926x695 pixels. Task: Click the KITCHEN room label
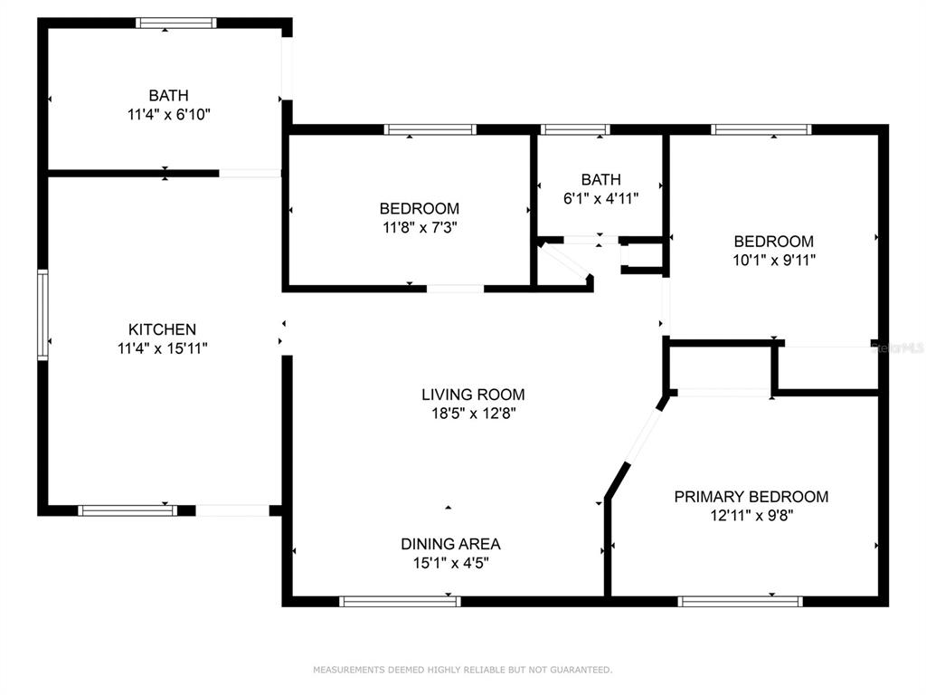162,329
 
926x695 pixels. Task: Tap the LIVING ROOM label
473,395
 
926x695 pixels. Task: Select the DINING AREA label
450,544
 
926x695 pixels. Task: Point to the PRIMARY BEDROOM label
751,497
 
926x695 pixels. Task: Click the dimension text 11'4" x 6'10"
169,114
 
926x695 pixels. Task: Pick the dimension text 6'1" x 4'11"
601,198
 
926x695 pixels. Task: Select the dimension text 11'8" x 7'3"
420,227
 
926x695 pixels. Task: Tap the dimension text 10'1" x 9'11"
774,260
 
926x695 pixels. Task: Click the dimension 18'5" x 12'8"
474,413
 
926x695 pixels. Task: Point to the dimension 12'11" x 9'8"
751,515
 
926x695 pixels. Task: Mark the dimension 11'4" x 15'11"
163,348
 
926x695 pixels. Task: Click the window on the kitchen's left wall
43,315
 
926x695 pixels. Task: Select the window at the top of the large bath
176,23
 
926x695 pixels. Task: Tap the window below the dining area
400,602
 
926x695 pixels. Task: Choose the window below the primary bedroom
740,602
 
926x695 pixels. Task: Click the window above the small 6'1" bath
575,129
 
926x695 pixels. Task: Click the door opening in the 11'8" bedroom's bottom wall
456,289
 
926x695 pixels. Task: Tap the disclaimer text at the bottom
462,670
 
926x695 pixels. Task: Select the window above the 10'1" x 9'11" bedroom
761,129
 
